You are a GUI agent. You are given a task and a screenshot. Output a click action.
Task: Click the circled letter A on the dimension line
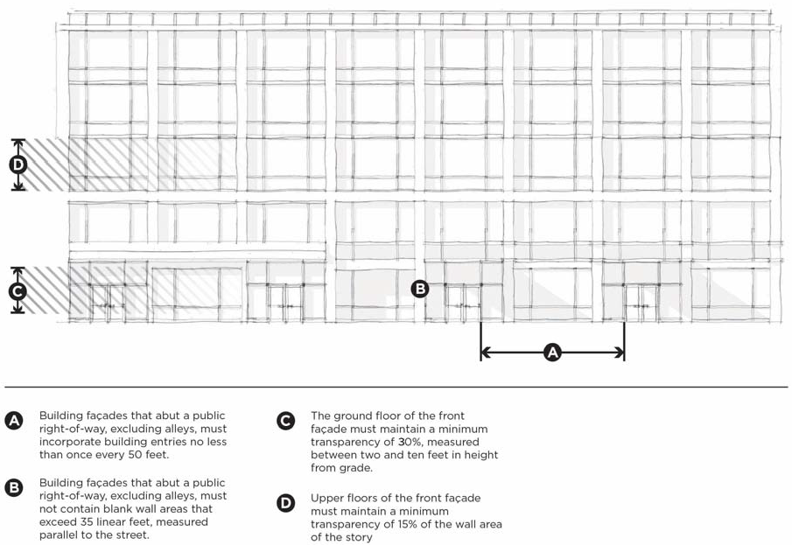(552, 353)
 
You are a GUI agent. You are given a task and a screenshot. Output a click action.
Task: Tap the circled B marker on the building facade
(420, 288)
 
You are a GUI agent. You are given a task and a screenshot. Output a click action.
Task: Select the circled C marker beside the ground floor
(18, 291)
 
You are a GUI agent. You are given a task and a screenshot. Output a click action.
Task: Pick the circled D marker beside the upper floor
(18, 164)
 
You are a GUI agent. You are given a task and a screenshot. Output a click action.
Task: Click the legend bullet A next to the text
(14, 421)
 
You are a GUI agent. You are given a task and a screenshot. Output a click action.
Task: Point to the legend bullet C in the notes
(285, 421)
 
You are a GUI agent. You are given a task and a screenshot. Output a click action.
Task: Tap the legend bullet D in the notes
(285, 503)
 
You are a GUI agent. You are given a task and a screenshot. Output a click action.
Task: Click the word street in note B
(130, 535)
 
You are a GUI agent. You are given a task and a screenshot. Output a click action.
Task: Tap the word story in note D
(358, 537)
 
